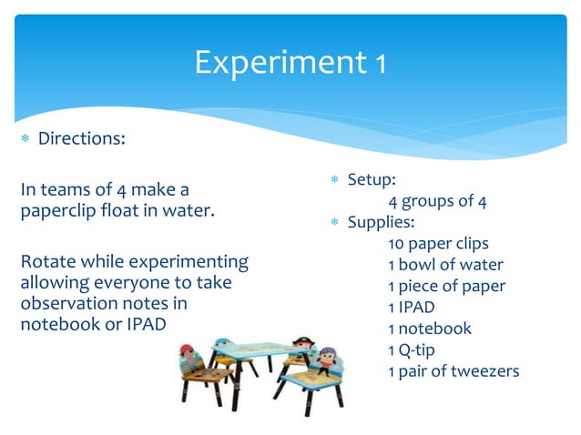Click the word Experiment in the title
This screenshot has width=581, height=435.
(x=280, y=63)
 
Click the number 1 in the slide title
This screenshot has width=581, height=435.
(x=381, y=63)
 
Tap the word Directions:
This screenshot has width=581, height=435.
(x=81, y=139)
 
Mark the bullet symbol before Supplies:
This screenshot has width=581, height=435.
(x=333, y=223)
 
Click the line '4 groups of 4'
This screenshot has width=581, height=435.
(x=436, y=201)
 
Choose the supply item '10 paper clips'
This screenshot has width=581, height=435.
(x=438, y=243)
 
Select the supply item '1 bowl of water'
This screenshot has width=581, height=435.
(x=444, y=265)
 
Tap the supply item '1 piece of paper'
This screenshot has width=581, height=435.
(x=446, y=286)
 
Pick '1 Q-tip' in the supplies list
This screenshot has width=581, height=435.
(x=415, y=349)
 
